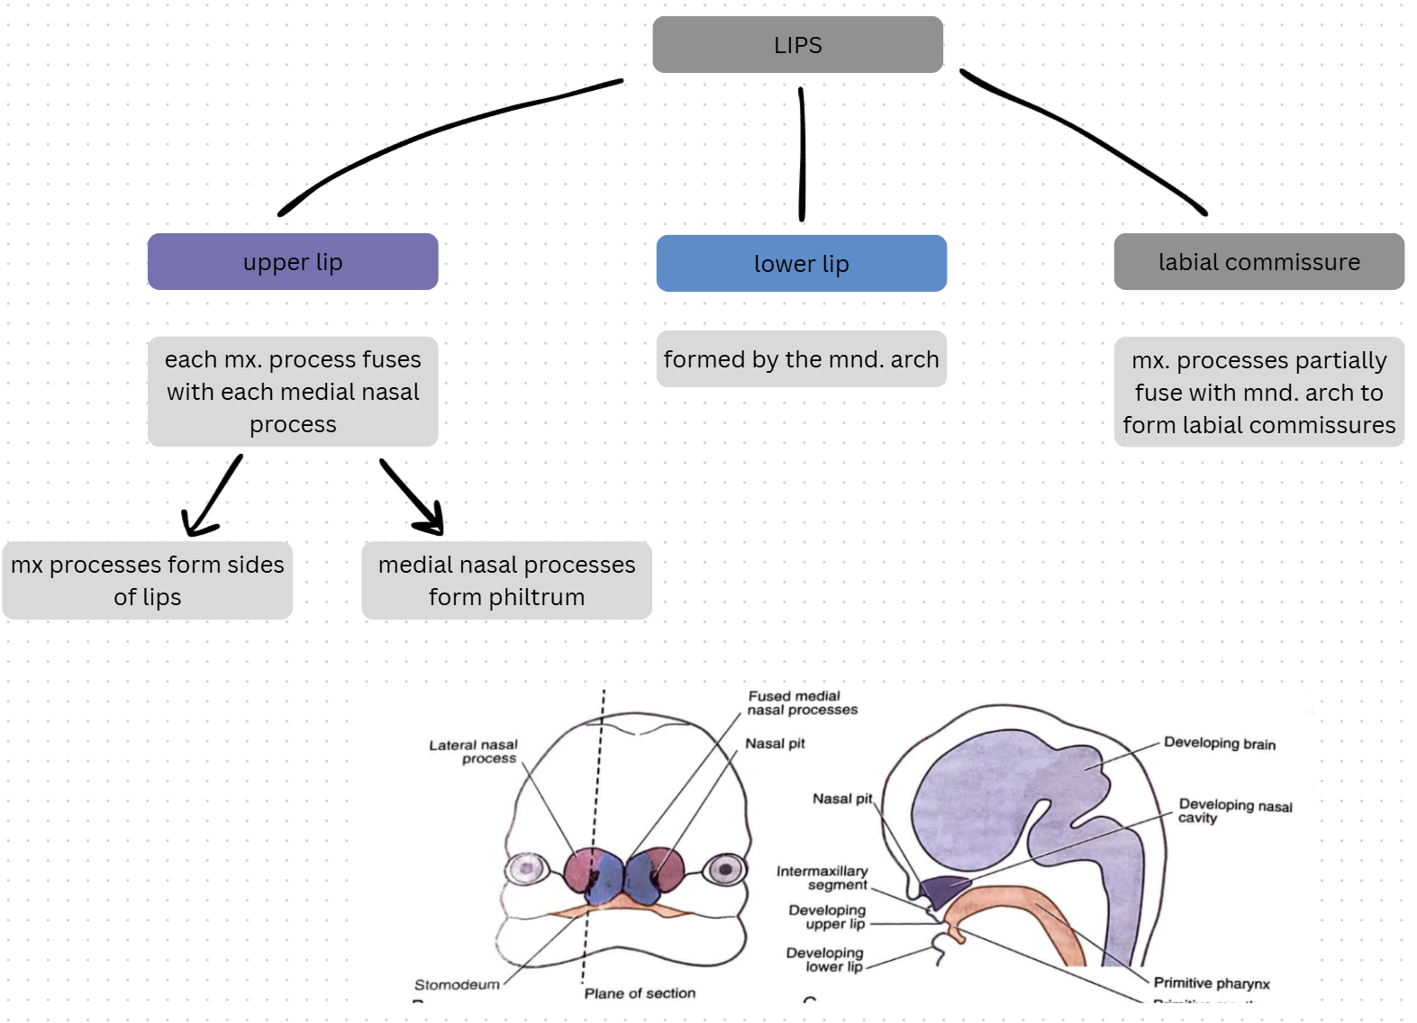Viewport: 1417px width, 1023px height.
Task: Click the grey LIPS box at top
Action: [x=797, y=45]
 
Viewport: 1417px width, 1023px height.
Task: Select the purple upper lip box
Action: [x=293, y=262]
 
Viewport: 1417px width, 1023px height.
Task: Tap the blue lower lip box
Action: [x=801, y=264]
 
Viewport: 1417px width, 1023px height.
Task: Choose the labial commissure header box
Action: [x=1258, y=262]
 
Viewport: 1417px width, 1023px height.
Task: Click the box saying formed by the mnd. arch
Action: [x=801, y=359]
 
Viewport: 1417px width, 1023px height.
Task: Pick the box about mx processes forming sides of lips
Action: [x=147, y=581]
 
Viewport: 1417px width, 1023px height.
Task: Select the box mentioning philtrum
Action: [x=506, y=581]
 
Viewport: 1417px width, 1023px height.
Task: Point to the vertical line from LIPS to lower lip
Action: [x=802, y=153]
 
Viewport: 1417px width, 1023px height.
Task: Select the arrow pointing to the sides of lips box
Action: [x=213, y=497]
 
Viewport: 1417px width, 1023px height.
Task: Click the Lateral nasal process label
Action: [x=474, y=751]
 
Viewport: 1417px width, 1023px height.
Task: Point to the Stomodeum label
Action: [x=457, y=984]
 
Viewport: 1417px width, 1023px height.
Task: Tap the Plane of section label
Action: [x=640, y=993]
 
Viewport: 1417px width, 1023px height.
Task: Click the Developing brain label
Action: [x=1219, y=743]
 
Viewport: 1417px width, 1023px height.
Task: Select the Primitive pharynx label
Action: [x=1211, y=982]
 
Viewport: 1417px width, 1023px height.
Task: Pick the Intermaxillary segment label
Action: [x=822, y=877]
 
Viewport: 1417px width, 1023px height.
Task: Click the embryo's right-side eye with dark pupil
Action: [x=724, y=870]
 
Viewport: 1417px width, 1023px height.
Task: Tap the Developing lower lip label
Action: [x=825, y=959]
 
